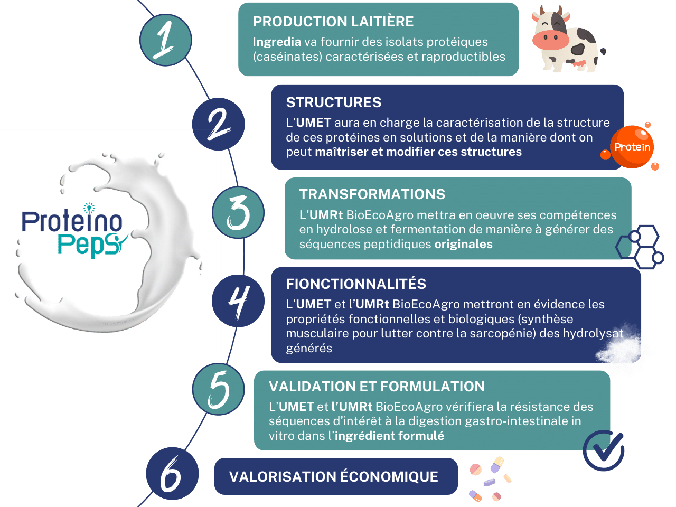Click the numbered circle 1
(165, 40)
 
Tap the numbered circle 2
(218, 124)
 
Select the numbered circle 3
(238, 212)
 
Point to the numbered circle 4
(238, 301)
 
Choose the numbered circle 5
(218, 389)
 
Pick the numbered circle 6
(172, 474)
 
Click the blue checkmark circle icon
(604, 450)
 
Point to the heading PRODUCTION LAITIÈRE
(333, 22)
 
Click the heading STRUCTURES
(333, 102)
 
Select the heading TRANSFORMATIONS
(372, 194)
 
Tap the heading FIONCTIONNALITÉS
(356, 284)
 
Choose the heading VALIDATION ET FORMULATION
(377, 387)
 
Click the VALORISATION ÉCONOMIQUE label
(334, 477)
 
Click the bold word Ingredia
(277, 42)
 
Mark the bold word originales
(463, 245)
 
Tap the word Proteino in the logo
(72, 221)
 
